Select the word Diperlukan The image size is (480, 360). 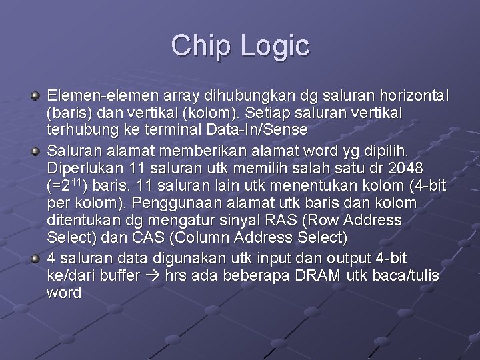[x=83, y=166]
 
